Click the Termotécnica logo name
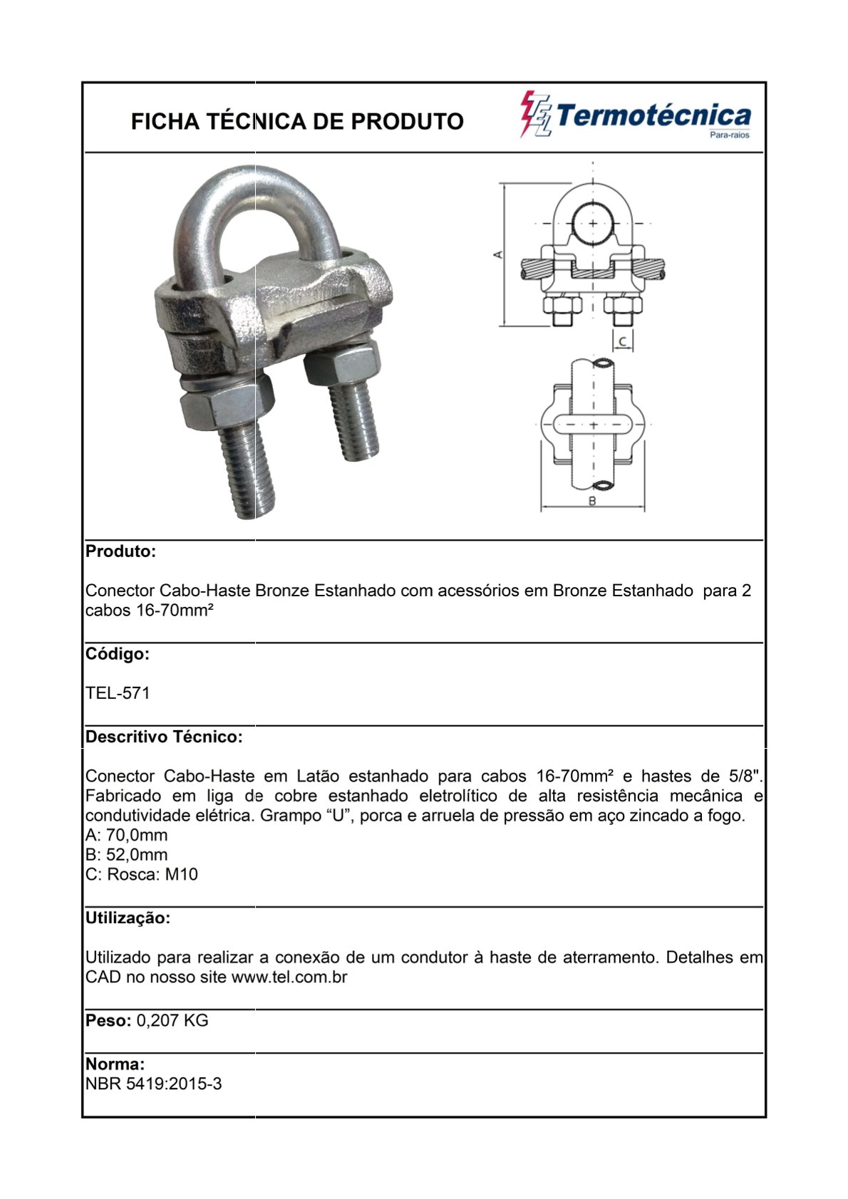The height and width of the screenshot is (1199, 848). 653,116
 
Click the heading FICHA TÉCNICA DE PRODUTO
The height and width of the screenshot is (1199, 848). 297,122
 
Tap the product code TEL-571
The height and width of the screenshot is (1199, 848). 118,693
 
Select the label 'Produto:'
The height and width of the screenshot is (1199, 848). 120,551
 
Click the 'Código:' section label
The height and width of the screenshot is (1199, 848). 118,654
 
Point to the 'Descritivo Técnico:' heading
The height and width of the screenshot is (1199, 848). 164,737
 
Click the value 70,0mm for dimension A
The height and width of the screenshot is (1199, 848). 137,835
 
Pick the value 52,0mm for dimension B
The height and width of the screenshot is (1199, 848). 137,855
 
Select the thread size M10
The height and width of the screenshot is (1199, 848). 182,875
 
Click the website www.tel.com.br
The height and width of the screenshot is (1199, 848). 289,977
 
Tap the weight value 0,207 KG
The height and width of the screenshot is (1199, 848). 172,1021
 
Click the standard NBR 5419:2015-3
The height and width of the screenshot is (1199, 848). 153,1084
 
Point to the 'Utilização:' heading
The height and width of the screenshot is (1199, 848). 128,918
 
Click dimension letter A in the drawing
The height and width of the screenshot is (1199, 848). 499,254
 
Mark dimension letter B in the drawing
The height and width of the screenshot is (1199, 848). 592,501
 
